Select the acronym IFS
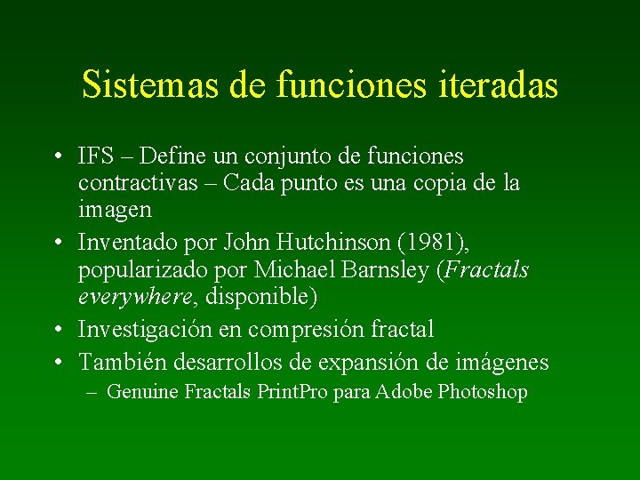(95, 157)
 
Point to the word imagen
(115, 212)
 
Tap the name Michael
(291, 269)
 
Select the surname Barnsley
(384, 269)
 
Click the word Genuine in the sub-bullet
(142, 392)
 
